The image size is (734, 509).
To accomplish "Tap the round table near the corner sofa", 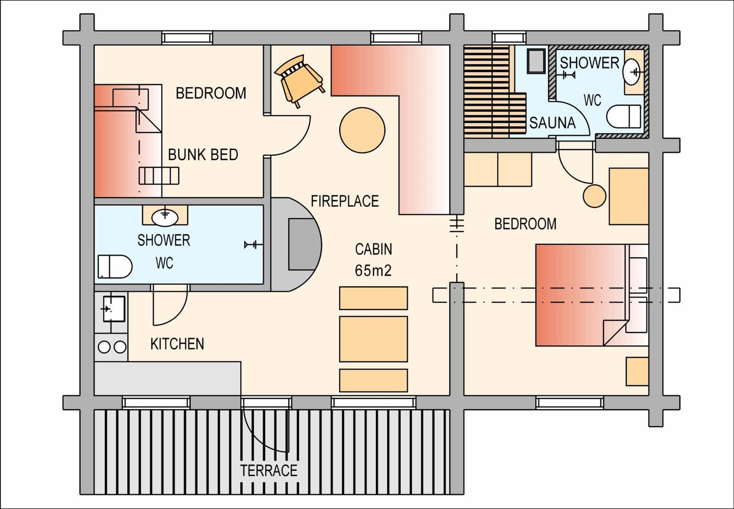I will coord(362,130).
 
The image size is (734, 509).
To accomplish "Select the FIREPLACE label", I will coord(344,201).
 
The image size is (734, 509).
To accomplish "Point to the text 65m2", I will coord(373,271).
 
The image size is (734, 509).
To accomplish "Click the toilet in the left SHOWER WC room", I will coord(115,266).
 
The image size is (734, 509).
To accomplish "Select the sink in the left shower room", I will coord(165,217).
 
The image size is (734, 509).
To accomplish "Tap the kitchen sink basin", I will coord(114,308).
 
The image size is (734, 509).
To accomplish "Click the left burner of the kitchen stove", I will coord(104,347).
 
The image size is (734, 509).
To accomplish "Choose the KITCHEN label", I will coord(177,344).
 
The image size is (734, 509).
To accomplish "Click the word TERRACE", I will coord(269,470).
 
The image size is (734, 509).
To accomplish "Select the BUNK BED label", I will coord(203,155).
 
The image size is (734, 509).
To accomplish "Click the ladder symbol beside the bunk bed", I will coord(159,176).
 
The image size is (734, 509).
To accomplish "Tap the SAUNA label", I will coord(552,123).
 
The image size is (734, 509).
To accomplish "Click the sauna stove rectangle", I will coord(536,61).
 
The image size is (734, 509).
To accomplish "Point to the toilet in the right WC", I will coord(623,116).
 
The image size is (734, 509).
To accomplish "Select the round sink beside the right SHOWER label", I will coord(631,72).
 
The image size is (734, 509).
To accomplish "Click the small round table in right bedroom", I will coord(594,196).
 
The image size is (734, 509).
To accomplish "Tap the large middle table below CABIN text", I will coord(373,339).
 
